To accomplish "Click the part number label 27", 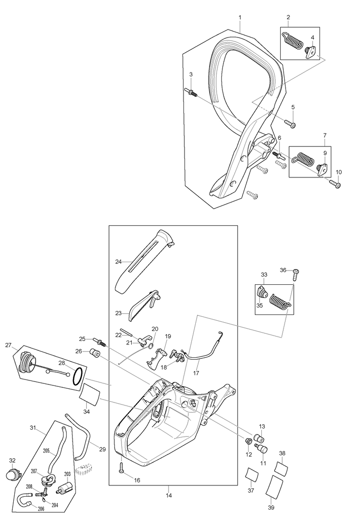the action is click(8, 345).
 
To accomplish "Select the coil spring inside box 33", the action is click(279, 301).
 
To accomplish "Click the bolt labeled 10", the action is click(335, 184).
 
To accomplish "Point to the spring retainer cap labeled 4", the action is click(311, 51).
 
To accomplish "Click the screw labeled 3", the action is click(192, 92).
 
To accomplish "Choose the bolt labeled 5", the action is click(289, 124).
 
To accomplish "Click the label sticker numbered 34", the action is click(90, 395).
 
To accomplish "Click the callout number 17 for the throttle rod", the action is click(196, 373).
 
